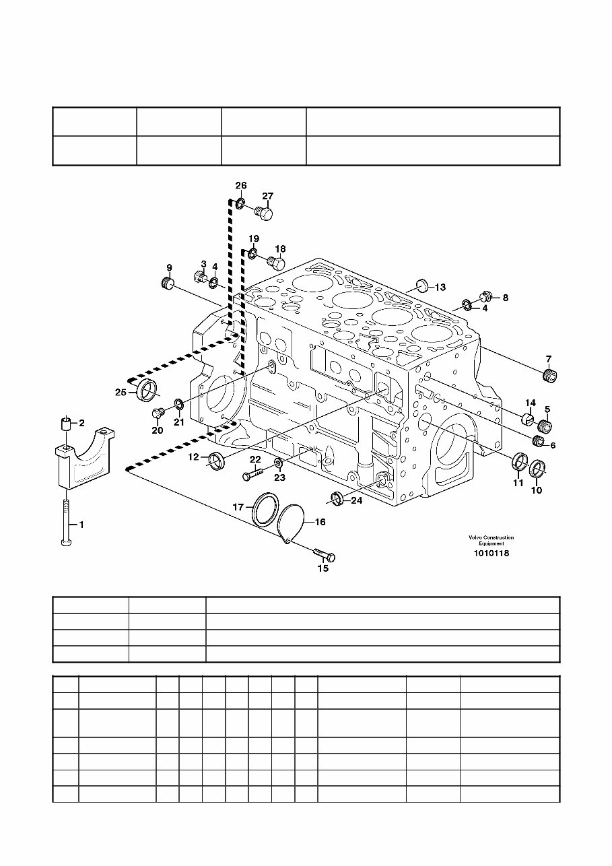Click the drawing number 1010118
[x=491, y=553]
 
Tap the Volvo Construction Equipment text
[x=491, y=540]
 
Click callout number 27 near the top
[x=267, y=197]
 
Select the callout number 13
[x=440, y=288]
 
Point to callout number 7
[x=548, y=359]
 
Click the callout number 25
[x=121, y=392]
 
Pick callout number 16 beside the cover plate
[x=320, y=522]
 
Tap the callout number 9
[x=169, y=268]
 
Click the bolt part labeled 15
[x=325, y=555]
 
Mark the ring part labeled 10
[x=537, y=467]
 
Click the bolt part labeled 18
[x=276, y=261]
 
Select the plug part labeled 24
[x=337, y=498]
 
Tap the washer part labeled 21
[x=179, y=405]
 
